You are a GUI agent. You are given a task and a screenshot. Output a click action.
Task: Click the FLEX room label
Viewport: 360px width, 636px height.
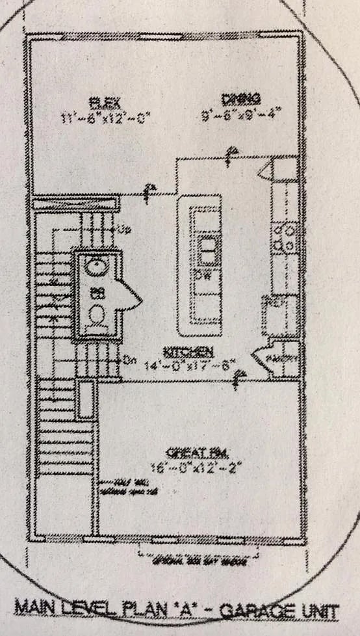[103, 101]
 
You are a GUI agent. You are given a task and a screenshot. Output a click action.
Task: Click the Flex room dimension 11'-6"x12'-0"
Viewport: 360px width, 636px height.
[106, 118]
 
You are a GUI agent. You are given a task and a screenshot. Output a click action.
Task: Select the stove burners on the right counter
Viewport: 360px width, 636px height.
[285, 238]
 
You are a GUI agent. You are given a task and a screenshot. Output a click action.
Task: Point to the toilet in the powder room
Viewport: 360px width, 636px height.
[97, 317]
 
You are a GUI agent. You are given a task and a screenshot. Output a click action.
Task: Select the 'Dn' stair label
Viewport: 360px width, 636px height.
[127, 360]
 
